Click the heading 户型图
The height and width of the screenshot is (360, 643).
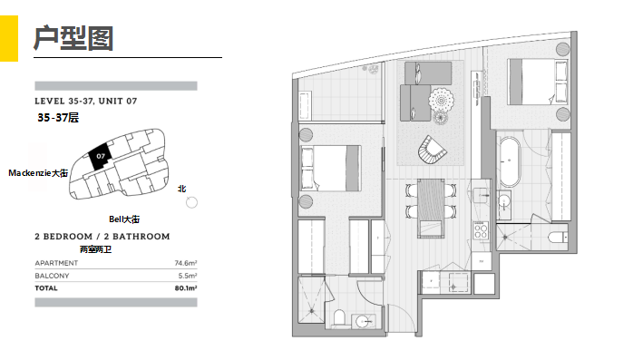pyautogui.click(x=73, y=38)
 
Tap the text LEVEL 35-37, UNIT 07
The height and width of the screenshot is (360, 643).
pyautogui.click(x=86, y=101)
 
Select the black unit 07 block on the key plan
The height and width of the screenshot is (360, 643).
pyautogui.click(x=100, y=157)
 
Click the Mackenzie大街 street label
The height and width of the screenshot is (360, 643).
pyautogui.click(x=38, y=173)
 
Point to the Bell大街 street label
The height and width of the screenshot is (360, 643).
pyautogui.click(x=124, y=219)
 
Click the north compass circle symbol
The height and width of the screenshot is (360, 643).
pyautogui.click(x=191, y=202)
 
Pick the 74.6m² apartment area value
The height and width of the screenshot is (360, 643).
pyautogui.click(x=186, y=263)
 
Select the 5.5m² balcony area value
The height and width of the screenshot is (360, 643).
pyautogui.click(x=188, y=276)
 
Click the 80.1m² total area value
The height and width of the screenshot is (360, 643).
pyautogui.click(x=186, y=288)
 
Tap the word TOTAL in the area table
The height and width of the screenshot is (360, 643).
pyautogui.click(x=46, y=288)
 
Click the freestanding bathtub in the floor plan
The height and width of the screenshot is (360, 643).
pyautogui.click(x=510, y=162)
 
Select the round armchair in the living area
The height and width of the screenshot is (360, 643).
pyautogui.click(x=432, y=150)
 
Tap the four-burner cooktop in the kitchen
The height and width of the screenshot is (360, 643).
pyautogui.click(x=480, y=230)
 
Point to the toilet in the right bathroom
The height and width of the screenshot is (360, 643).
pyautogui.click(x=558, y=238)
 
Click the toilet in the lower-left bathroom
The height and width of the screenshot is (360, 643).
pyautogui.click(x=339, y=317)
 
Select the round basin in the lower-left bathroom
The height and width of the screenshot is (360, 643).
pyautogui.click(x=363, y=321)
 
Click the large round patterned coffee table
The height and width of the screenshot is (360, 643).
pyautogui.click(x=441, y=100)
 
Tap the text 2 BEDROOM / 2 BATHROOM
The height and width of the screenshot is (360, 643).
pyautogui.click(x=102, y=237)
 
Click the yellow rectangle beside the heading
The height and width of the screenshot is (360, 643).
pyautogui.click(x=9, y=39)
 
